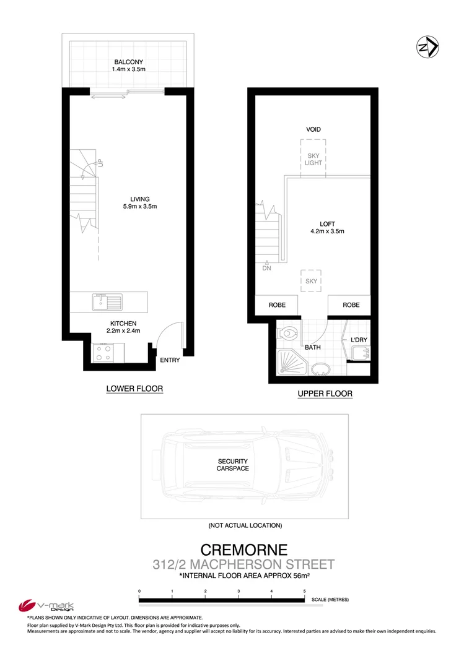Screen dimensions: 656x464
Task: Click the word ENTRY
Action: [x=170, y=360]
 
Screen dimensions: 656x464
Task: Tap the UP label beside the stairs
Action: [x=99, y=163]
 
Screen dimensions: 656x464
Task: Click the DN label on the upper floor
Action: [x=266, y=268]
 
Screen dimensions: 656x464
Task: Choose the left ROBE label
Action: [x=277, y=305]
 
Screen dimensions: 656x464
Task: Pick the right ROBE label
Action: [x=351, y=305]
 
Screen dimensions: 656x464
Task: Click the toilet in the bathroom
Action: [x=287, y=334]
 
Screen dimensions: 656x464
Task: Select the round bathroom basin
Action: [x=320, y=369]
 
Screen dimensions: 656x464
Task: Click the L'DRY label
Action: [x=359, y=341]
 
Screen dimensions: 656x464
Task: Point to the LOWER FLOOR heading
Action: [x=134, y=389]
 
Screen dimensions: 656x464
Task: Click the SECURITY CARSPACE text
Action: [x=233, y=465]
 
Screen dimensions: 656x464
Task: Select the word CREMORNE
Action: [x=244, y=550]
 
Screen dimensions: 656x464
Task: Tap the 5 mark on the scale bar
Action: [x=304, y=592]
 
